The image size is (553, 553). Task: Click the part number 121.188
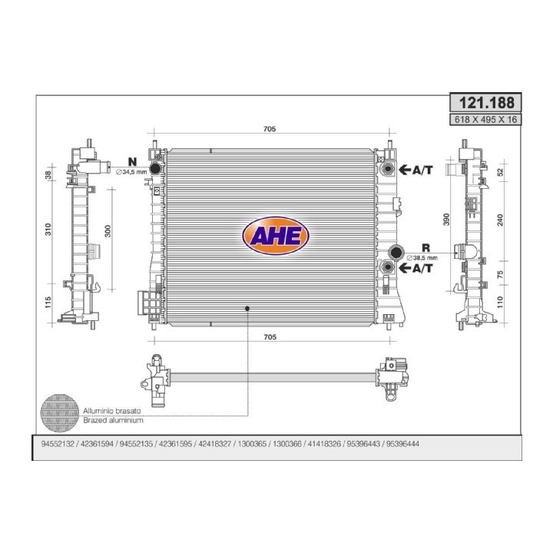click(x=486, y=103)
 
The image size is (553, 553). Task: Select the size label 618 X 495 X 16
click(x=485, y=120)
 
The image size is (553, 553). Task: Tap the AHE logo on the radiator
click(x=276, y=236)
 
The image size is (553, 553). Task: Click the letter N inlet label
click(x=132, y=162)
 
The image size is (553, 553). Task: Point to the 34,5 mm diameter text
click(x=131, y=172)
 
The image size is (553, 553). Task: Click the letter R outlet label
click(x=426, y=248)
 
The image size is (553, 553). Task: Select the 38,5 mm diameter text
click(x=422, y=258)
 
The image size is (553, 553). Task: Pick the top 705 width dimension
click(x=270, y=129)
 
